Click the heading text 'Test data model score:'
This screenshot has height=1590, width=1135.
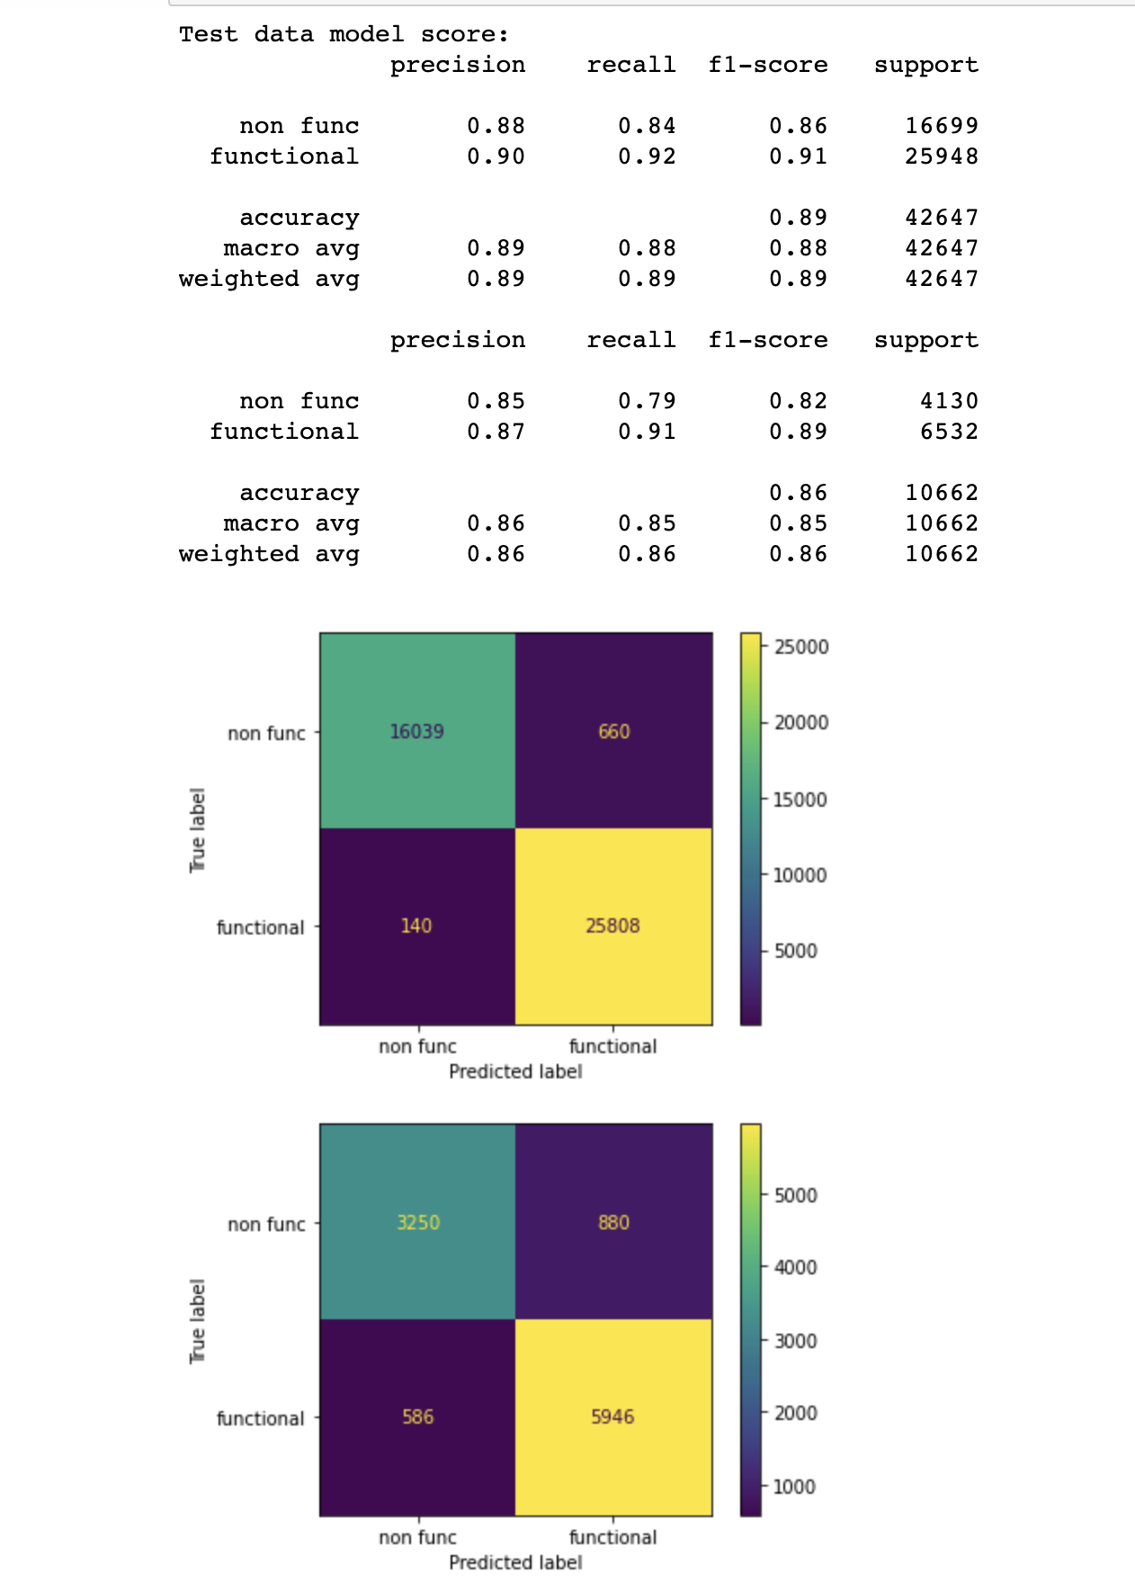pos(344,34)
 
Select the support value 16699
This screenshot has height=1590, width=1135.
pos(941,126)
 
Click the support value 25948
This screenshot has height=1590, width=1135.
pos(941,156)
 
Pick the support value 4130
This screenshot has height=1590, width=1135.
pos(949,401)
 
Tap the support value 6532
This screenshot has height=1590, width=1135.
pos(949,432)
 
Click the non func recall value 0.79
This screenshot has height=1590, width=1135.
pos(647,401)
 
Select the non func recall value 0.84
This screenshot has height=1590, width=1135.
pos(647,126)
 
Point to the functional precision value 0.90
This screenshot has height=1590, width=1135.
pos(496,156)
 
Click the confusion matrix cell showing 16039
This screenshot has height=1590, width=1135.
pos(417,731)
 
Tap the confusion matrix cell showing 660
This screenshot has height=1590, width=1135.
pos(613,731)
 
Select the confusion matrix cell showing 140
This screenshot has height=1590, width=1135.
pos(416,925)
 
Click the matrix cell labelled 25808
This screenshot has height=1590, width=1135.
pos(612,925)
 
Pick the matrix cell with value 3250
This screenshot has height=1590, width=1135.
pos(418,1222)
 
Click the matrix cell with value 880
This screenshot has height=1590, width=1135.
pos(613,1222)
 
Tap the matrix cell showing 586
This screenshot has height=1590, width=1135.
pos(418,1416)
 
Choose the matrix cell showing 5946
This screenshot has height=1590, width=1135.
pos(612,1416)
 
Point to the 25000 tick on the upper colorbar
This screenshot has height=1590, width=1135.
pos(800,647)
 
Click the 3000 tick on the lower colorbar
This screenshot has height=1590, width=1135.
pos(795,1341)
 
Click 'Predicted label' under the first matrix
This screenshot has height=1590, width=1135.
pos(515,1071)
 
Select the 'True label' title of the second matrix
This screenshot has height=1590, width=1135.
pos(198,1320)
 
